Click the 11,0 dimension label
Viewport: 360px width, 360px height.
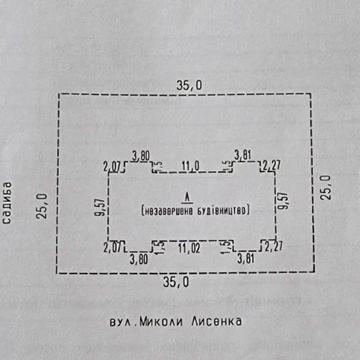tap(190, 165)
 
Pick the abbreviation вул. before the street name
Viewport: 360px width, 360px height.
tap(124, 322)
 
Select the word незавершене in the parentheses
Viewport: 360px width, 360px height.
tap(167, 211)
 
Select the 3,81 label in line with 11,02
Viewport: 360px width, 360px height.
tap(244, 257)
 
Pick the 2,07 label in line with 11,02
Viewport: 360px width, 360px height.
tap(112, 245)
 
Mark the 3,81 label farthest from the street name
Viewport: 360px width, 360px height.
tap(243, 153)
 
